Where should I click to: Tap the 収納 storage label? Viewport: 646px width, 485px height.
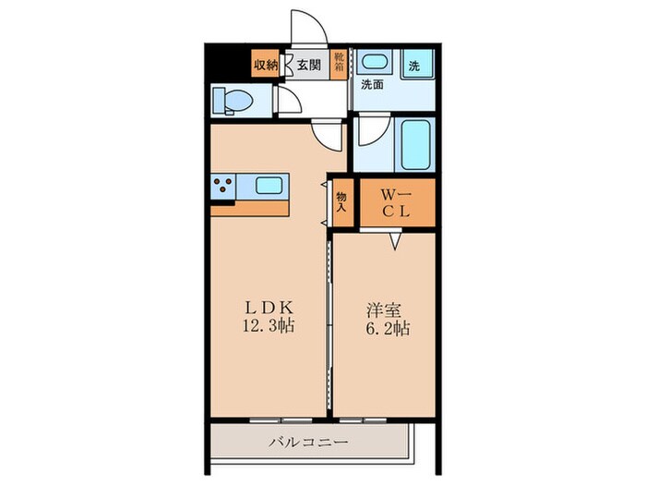click(266, 65)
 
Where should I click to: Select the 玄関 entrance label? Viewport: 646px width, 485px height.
click(308, 65)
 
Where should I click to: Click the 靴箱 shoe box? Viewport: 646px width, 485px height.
click(339, 65)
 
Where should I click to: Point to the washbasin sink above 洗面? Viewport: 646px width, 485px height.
click(375, 65)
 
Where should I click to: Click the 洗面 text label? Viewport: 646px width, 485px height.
click(372, 84)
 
